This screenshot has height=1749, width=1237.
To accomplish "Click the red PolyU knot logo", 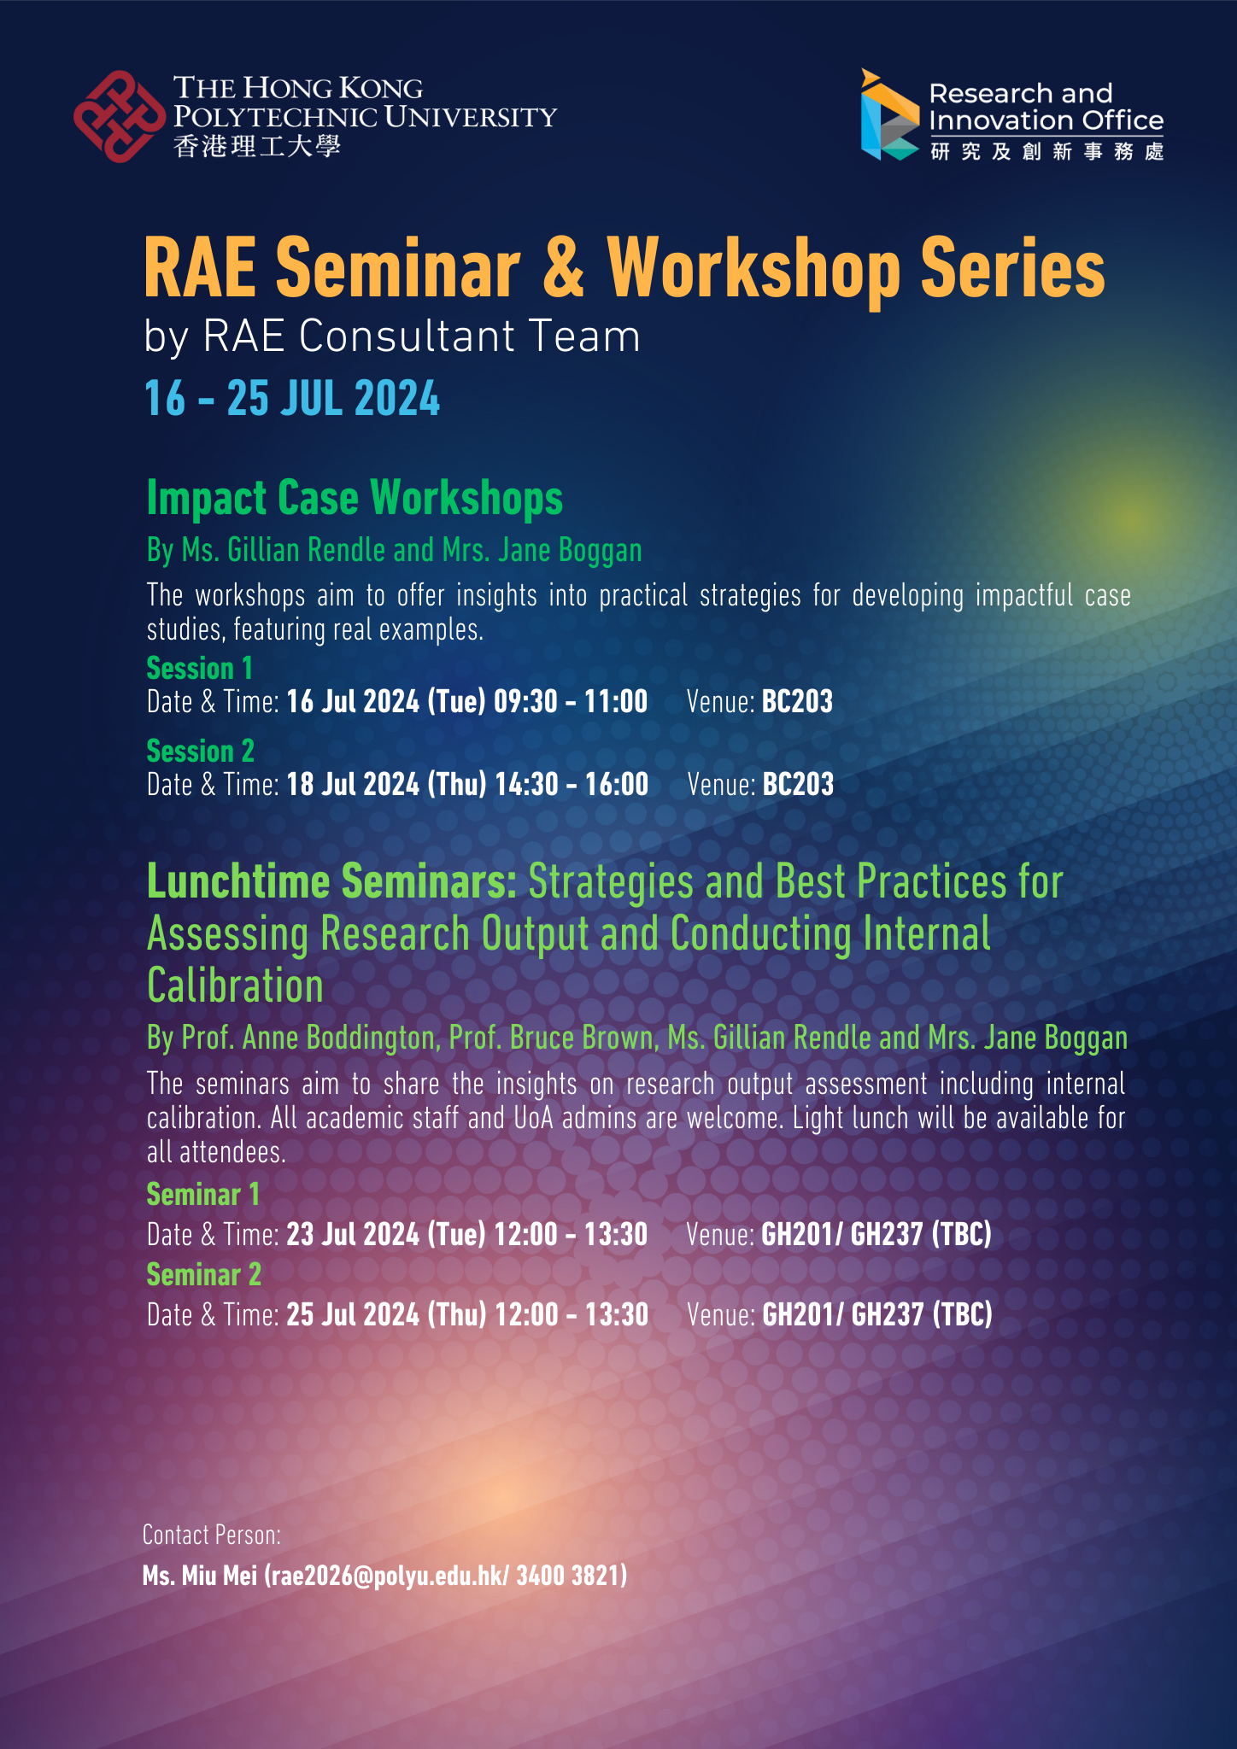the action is tap(120, 116).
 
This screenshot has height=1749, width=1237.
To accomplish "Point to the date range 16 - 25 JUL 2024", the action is tap(292, 398).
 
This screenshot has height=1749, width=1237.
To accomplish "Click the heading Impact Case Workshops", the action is tap(355, 498).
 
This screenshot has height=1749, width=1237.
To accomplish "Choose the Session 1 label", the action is tap(200, 668).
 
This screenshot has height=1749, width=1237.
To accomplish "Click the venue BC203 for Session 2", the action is tap(798, 784).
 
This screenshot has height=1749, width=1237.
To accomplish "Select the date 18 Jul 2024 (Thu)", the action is tap(387, 785).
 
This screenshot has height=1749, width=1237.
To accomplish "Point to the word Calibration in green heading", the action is tap(235, 986).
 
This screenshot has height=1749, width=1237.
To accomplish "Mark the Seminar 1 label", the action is tap(202, 1194).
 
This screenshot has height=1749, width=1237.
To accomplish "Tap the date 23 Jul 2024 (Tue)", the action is tap(386, 1235).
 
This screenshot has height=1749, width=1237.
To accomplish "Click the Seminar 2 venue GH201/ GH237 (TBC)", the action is tap(877, 1314).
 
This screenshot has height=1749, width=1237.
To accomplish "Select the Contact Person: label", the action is tap(212, 1535).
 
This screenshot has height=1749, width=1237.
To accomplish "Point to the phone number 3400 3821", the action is tap(568, 1576).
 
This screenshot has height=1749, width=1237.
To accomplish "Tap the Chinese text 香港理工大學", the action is tap(257, 146).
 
